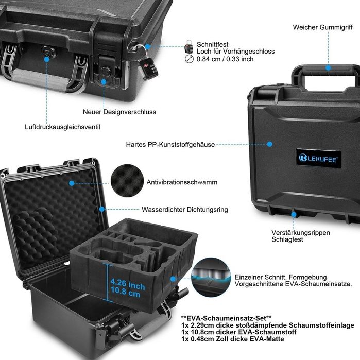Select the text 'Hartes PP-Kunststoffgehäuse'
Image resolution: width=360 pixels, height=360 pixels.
click(170, 145)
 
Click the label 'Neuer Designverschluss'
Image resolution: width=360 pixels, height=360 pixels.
click(119, 112)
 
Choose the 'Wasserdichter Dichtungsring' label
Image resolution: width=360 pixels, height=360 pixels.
click(185, 210)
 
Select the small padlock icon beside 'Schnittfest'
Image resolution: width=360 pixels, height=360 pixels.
click(188, 47)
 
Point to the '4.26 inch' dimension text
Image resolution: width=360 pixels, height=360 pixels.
click(128, 284)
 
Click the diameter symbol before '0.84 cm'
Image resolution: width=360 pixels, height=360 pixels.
click(188, 59)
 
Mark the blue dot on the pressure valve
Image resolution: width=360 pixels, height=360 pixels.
click(46, 59)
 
